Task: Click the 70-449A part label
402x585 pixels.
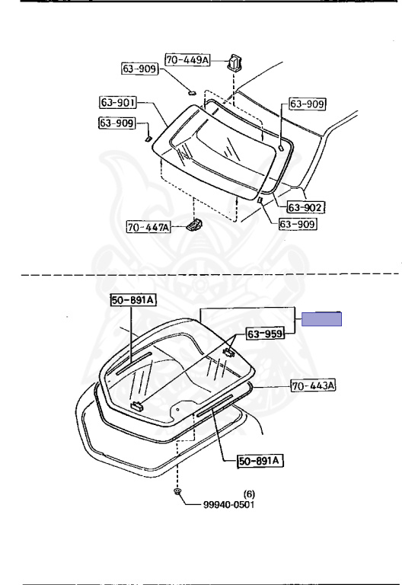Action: [187, 59]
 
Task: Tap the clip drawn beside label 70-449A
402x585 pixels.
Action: [234, 62]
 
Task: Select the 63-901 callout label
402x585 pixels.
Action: [118, 102]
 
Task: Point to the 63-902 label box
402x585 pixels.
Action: [305, 207]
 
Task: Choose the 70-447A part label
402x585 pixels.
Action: [148, 227]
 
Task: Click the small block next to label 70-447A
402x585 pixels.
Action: [194, 225]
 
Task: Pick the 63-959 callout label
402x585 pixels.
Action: [265, 334]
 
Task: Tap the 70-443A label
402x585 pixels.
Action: [313, 385]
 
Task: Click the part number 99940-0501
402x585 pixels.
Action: [228, 505]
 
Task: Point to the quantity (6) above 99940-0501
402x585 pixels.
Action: [249, 494]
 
